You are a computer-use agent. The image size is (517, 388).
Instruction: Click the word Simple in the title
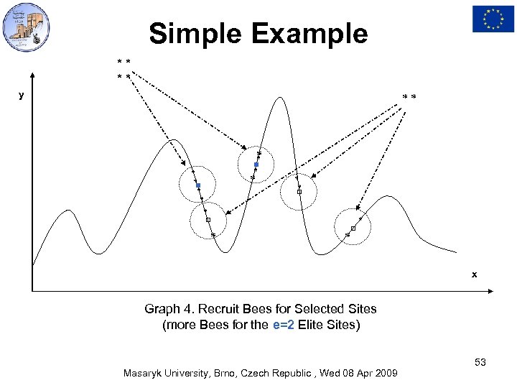190,33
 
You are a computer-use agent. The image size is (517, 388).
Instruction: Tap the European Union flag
493,19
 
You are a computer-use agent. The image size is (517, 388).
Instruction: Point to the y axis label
22,94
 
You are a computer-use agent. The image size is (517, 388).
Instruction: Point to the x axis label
474,274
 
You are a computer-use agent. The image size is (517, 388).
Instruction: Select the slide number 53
480,363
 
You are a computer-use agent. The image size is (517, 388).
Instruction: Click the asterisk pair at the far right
409,96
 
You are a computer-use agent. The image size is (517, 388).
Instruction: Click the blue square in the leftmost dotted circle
198,186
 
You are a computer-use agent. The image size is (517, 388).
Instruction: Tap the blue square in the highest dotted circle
256,165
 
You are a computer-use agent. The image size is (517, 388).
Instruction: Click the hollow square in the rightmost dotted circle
353,228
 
